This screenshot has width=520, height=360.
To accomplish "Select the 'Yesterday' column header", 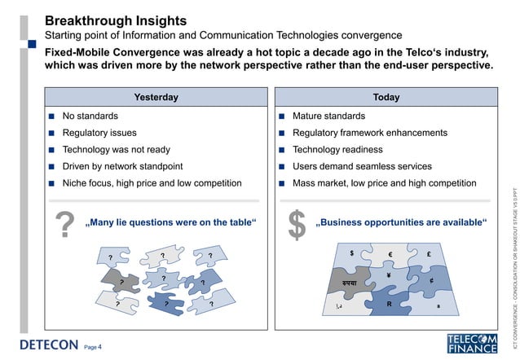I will (x=156, y=97).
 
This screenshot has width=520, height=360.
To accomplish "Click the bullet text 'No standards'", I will (x=90, y=116).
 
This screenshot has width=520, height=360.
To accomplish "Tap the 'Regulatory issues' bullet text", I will (x=99, y=133).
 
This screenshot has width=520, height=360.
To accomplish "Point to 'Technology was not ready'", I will (x=117, y=150).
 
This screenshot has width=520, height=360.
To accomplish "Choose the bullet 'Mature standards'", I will (x=328, y=116).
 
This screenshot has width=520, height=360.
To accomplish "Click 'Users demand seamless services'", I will (x=362, y=166).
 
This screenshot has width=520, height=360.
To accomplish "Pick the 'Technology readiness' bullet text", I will (x=337, y=150).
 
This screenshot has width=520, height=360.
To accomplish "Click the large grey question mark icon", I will (x=64, y=226).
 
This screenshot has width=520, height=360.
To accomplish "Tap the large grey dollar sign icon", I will (x=297, y=226).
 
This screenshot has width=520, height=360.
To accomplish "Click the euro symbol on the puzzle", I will (x=391, y=256).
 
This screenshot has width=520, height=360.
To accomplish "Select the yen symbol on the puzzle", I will (x=390, y=275).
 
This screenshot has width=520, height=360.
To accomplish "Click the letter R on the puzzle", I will (x=390, y=304).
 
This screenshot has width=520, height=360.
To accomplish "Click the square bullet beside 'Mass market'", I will (x=281, y=183).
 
